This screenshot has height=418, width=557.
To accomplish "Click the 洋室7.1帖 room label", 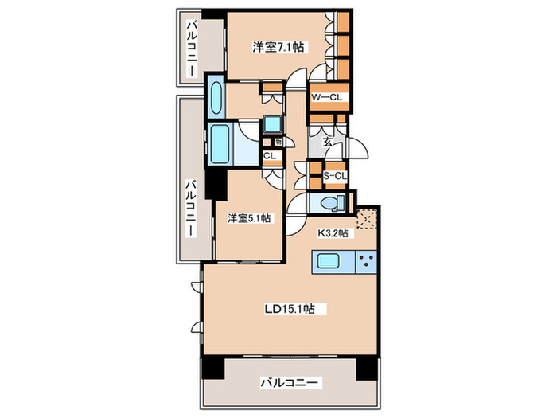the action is [278, 47].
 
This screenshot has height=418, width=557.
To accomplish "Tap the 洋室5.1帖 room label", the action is [249, 218].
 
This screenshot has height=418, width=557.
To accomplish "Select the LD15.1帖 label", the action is [290, 309].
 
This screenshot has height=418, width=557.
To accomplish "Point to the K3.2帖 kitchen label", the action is [333, 233].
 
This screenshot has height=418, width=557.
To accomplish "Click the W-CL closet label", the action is [327, 97].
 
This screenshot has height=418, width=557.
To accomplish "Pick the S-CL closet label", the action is [335, 176].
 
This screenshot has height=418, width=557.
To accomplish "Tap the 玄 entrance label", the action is [328, 143].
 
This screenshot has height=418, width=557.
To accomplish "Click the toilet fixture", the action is [333, 203].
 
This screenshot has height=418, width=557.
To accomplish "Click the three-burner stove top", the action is [366, 262].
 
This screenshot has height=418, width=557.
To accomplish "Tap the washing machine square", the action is [273, 124].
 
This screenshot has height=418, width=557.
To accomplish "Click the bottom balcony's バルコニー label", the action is [290, 383].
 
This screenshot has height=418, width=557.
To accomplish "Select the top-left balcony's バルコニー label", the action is [192, 49].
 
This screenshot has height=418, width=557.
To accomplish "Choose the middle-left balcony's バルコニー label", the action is [191, 209].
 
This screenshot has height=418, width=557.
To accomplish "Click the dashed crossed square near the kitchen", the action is [367, 219].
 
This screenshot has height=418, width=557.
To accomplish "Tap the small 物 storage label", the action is [278, 143].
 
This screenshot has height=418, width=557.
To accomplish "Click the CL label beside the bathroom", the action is [270, 156].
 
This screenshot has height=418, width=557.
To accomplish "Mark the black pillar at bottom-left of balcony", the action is [212, 368].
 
